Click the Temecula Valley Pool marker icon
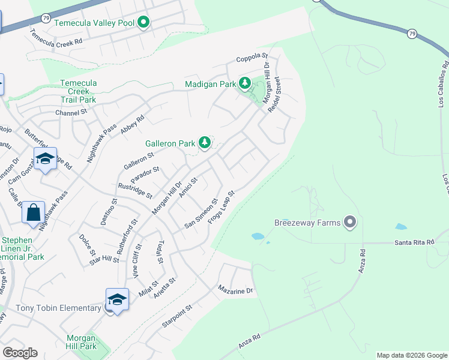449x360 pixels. click(143, 23)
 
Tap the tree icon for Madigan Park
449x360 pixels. click(244, 83)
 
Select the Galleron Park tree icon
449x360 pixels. click(205, 143)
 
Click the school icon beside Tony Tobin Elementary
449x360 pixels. click(117, 301)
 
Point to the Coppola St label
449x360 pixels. click(252, 58)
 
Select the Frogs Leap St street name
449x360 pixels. click(220, 208)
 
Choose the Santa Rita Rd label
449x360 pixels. click(414, 242)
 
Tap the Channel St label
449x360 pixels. click(71, 112)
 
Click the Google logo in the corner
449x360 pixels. click(20, 352)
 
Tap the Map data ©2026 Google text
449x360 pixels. click(411, 355)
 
